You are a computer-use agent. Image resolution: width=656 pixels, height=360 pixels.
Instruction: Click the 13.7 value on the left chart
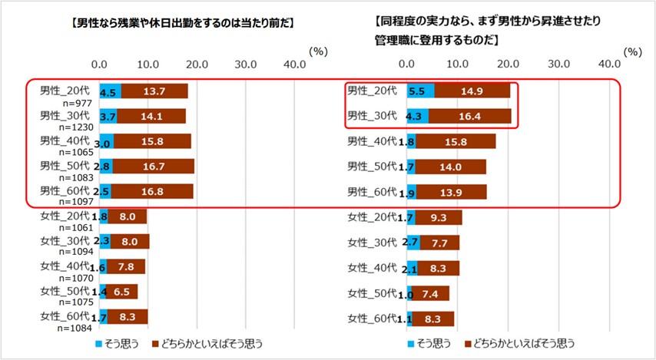pos(154,91)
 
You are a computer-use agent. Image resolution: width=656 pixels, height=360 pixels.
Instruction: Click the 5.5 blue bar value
pos(419,91)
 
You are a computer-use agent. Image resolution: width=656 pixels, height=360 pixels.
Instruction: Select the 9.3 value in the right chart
pos(440,217)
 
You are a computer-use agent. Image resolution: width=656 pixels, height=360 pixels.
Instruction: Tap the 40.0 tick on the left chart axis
pos(293,64)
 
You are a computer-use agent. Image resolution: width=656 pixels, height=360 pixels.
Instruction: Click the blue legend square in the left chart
pos(100,343)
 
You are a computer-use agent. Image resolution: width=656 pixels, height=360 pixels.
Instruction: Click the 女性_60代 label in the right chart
pos(373,318)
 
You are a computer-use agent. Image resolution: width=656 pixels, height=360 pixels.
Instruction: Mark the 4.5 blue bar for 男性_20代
pos(110,91)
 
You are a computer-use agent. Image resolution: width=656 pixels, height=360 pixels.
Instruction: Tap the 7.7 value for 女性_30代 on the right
pos(439,243)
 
